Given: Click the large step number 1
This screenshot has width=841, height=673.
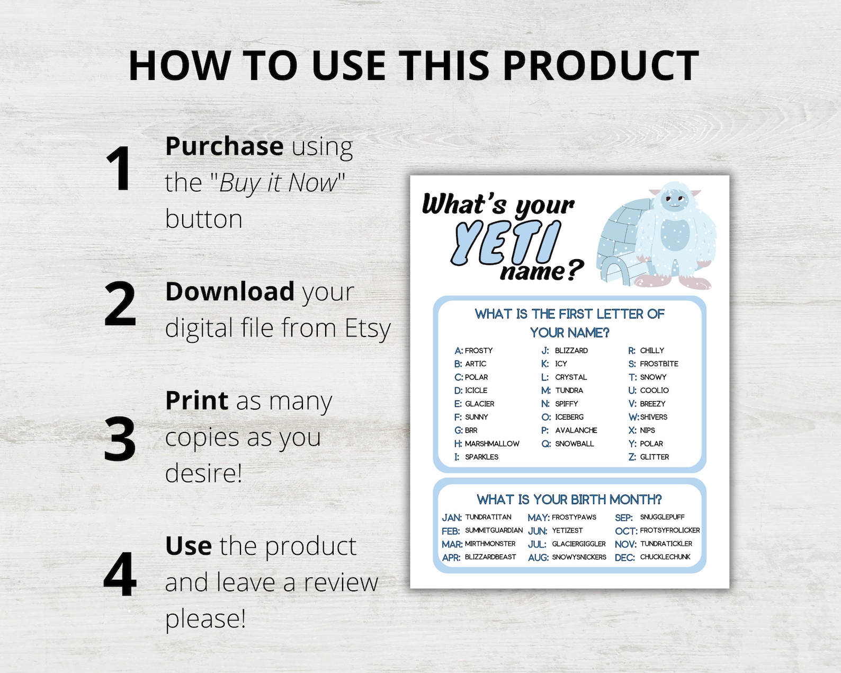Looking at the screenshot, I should [x=119, y=169].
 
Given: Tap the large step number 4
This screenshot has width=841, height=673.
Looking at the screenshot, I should [x=120, y=574].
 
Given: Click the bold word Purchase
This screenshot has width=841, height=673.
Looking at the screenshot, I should [x=224, y=146].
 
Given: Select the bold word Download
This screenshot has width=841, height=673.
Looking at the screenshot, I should [x=230, y=291].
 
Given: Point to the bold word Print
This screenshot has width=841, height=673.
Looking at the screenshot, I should [x=197, y=401].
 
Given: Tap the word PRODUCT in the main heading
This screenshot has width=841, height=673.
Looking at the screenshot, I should [x=601, y=66].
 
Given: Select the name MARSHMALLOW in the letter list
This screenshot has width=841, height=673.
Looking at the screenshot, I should [x=492, y=444].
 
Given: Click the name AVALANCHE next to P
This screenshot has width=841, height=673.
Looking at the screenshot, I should [x=576, y=430].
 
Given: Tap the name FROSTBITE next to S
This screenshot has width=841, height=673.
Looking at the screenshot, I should [x=659, y=364].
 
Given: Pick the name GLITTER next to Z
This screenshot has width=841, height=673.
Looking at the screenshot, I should [x=654, y=457].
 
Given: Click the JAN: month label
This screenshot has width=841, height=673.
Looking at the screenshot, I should [x=452, y=518].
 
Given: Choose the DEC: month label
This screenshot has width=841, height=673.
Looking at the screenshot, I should [x=624, y=557].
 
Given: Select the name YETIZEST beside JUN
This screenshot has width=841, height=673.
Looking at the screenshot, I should [x=567, y=530].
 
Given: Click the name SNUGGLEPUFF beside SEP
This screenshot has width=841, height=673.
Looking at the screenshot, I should [x=662, y=517].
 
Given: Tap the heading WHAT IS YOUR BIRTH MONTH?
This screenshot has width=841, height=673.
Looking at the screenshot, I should [x=569, y=499].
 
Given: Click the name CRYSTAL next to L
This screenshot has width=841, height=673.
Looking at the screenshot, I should [x=571, y=377].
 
